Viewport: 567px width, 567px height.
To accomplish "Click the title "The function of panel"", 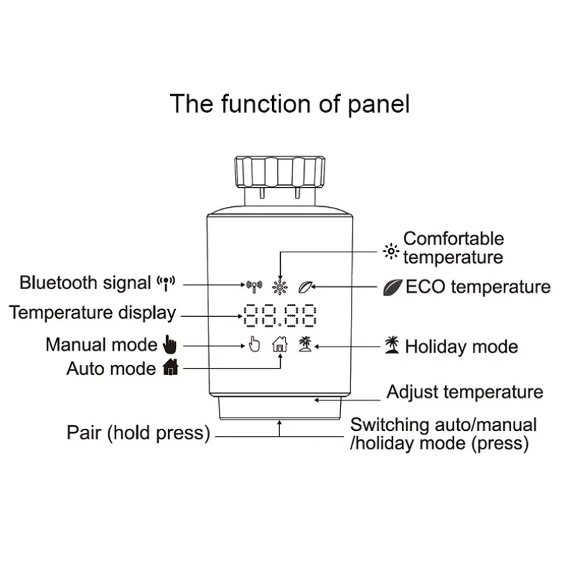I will pyautogui.click(x=289, y=103).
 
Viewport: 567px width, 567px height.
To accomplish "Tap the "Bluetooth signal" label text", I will pyautogui.click(x=86, y=283).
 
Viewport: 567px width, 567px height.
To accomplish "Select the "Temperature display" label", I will pyautogui.click(x=92, y=313).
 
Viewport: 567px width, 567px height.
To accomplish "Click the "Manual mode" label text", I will pyautogui.click(x=101, y=345).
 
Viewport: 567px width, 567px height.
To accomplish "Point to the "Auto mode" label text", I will pyautogui.click(x=111, y=369).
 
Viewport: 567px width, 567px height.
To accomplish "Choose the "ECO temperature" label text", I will pyautogui.click(x=478, y=287).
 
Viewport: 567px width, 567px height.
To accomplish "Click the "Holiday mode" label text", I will pyautogui.click(x=461, y=347).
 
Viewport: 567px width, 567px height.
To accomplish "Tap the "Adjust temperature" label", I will pyautogui.click(x=465, y=392).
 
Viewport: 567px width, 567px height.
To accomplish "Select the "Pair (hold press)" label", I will pyautogui.click(x=139, y=432).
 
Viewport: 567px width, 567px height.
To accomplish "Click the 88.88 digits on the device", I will pyautogui.click(x=279, y=317).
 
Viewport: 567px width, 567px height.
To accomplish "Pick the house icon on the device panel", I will pyautogui.click(x=281, y=345).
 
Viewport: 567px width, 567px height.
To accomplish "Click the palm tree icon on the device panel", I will pyautogui.click(x=305, y=344).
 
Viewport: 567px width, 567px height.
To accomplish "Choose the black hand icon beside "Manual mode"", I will pyautogui.click(x=168, y=345).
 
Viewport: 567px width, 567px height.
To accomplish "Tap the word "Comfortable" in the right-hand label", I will pyautogui.click(x=454, y=239).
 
